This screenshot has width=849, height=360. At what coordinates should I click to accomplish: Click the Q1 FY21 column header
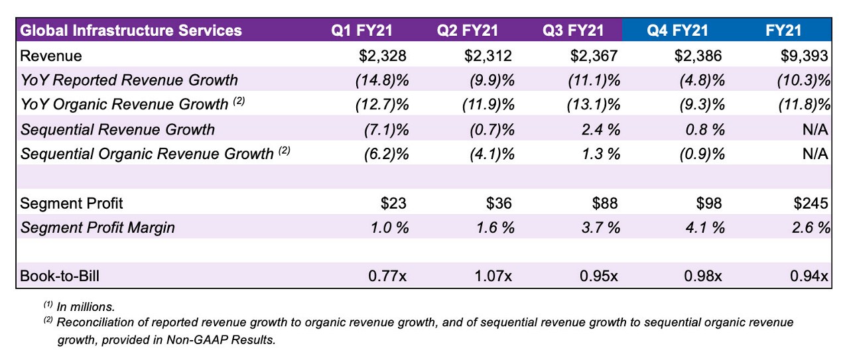(364, 30)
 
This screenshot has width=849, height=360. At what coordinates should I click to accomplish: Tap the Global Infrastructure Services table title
(131, 30)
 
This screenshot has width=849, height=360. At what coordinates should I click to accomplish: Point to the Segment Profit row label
(72, 203)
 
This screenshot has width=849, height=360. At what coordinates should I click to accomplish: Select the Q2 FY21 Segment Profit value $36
(499, 203)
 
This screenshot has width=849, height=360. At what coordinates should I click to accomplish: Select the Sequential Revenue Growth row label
(118, 129)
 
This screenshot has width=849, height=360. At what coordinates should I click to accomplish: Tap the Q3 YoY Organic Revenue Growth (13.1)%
(594, 105)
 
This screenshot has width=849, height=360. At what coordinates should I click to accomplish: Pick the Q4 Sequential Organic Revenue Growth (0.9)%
(700, 154)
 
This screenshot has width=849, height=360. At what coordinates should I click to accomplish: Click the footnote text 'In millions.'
(86, 307)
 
